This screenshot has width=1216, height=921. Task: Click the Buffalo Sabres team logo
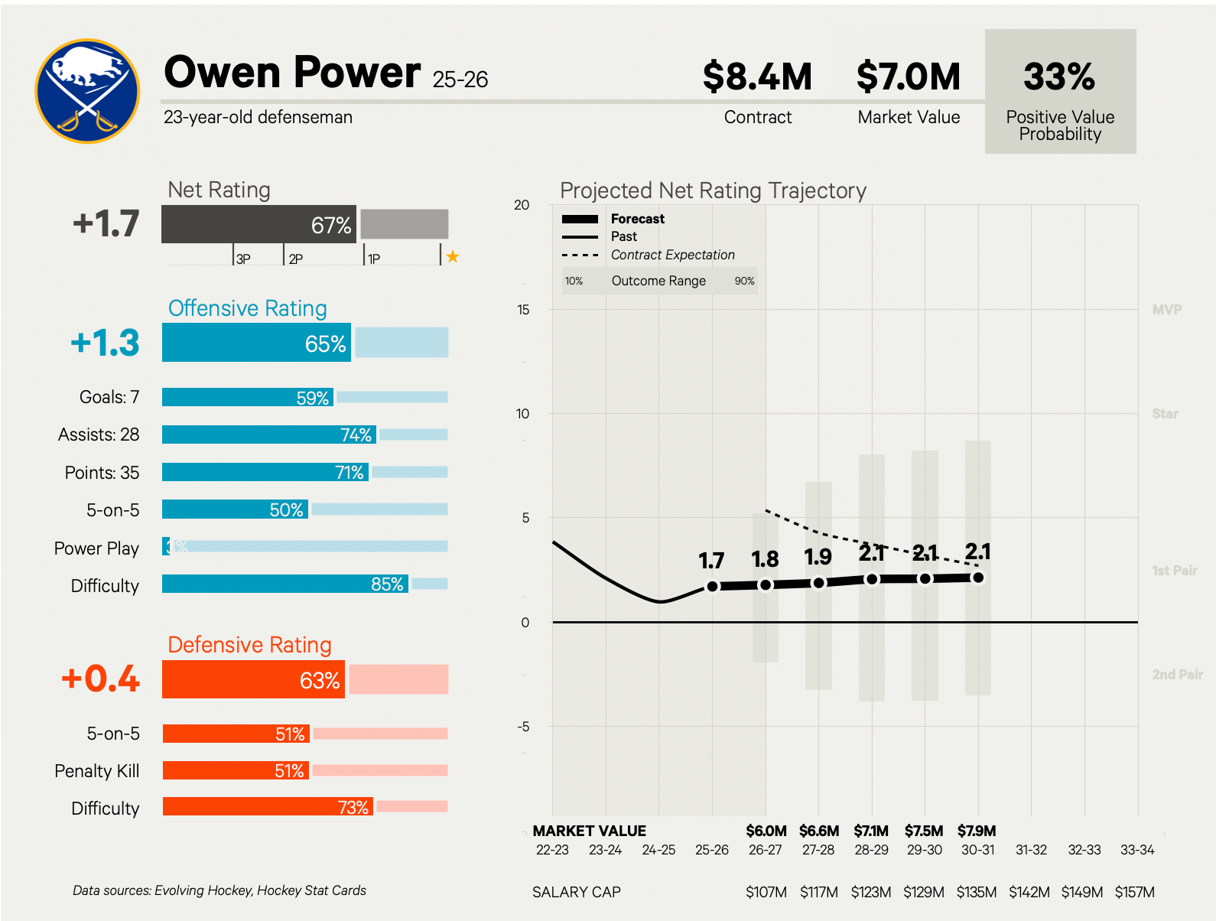coord(87,91)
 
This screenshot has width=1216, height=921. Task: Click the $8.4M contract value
coord(757,76)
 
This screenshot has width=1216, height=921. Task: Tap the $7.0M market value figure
coord(909,76)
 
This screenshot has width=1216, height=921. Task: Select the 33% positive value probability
coord(1059,76)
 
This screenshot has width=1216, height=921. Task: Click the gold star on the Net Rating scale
coord(453,257)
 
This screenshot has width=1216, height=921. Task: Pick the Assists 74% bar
coord(269,434)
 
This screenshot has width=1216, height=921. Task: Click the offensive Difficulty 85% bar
coord(284,584)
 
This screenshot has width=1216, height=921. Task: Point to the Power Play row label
coord(96,548)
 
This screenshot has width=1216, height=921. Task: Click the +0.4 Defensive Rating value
coord(101,679)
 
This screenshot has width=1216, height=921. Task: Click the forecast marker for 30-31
coord(978,578)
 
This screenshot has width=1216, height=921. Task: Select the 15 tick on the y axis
coord(523,310)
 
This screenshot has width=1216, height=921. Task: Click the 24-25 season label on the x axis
coord(658,850)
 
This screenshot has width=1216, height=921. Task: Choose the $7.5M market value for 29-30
coord(924,831)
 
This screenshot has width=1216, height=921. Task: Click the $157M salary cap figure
coord(1134,892)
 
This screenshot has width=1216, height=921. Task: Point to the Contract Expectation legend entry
coord(672,255)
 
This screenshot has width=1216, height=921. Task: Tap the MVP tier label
coord(1166,310)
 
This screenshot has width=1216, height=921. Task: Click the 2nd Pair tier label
coord(1177,675)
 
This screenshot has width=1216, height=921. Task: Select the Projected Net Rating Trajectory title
coord(713,190)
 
